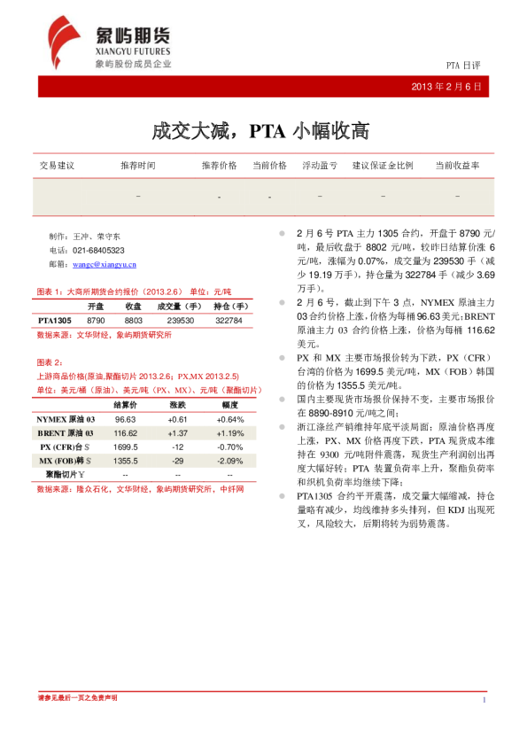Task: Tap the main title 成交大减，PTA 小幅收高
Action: pos(260,132)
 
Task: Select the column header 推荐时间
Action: pos(138,166)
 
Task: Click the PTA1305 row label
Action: pos(55,319)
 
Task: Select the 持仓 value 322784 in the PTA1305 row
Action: pos(229,319)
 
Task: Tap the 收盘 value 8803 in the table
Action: pos(134,319)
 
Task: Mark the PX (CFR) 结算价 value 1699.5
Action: pos(126,447)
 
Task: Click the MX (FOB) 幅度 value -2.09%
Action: pos(230,462)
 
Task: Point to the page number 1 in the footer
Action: pos(484,700)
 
